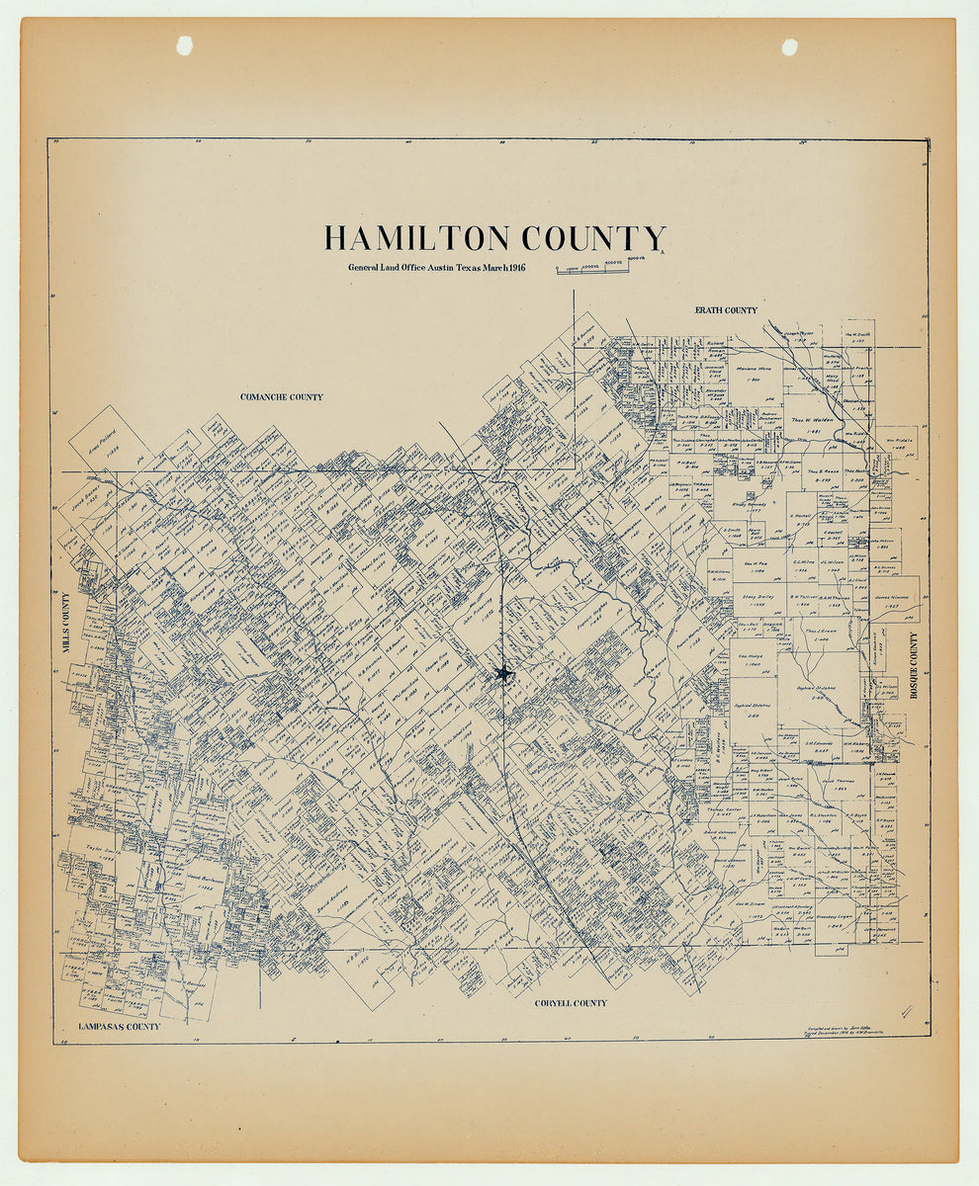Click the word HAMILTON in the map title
tap(417, 239)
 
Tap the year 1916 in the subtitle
tap(513, 268)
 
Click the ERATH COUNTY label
tap(726, 310)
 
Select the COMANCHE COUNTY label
tap(282, 396)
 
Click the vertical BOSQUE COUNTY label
tap(915, 666)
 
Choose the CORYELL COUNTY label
tap(571, 1003)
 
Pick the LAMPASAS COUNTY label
tap(120, 1027)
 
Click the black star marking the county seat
tap(504, 674)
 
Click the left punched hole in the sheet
tap(184, 45)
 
